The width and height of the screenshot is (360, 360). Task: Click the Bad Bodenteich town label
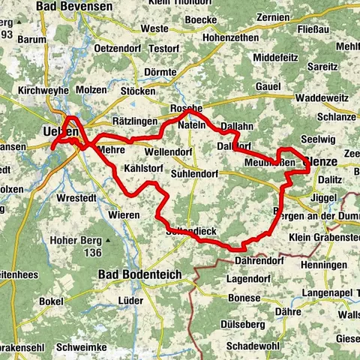pyautogui.click(x=140, y=274)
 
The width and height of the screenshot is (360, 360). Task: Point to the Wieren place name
pyautogui.click(x=123, y=215)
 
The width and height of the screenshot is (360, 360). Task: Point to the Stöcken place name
pyautogui.click(x=138, y=91)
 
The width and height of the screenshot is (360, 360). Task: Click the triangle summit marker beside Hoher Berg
pyautogui.click(x=109, y=240)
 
